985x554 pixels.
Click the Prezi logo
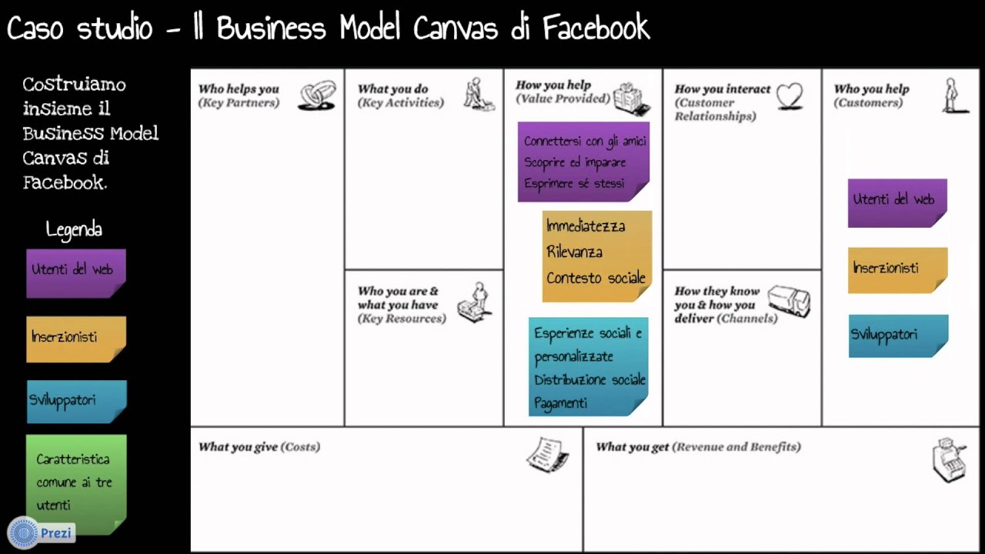click(x=41, y=532)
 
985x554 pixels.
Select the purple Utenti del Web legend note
click(x=75, y=272)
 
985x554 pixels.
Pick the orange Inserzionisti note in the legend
click(x=75, y=339)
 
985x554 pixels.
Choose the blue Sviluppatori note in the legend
click(x=76, y=401)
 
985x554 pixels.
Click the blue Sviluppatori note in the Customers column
click(x=897, y=335)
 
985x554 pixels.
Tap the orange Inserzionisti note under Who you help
click(x=897, y=269)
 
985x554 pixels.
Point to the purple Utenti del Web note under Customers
click(x=897, y=202)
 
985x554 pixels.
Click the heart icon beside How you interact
click(x=789, y=96)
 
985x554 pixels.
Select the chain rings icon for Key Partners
click(x=317, y=96)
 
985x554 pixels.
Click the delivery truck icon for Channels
click(x=789, y=302)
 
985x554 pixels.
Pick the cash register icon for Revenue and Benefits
click(x=948, y=459)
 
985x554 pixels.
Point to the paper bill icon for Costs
click(x=547, y=455)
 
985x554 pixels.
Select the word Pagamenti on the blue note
click(x=560, y=403)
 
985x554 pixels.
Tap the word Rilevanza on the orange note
click(x=574, y=252)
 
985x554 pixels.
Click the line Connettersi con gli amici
click(x=585, y=142)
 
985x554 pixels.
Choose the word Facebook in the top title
click(x=596, y=29)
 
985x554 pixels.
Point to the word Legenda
click(x=74, y=229)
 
